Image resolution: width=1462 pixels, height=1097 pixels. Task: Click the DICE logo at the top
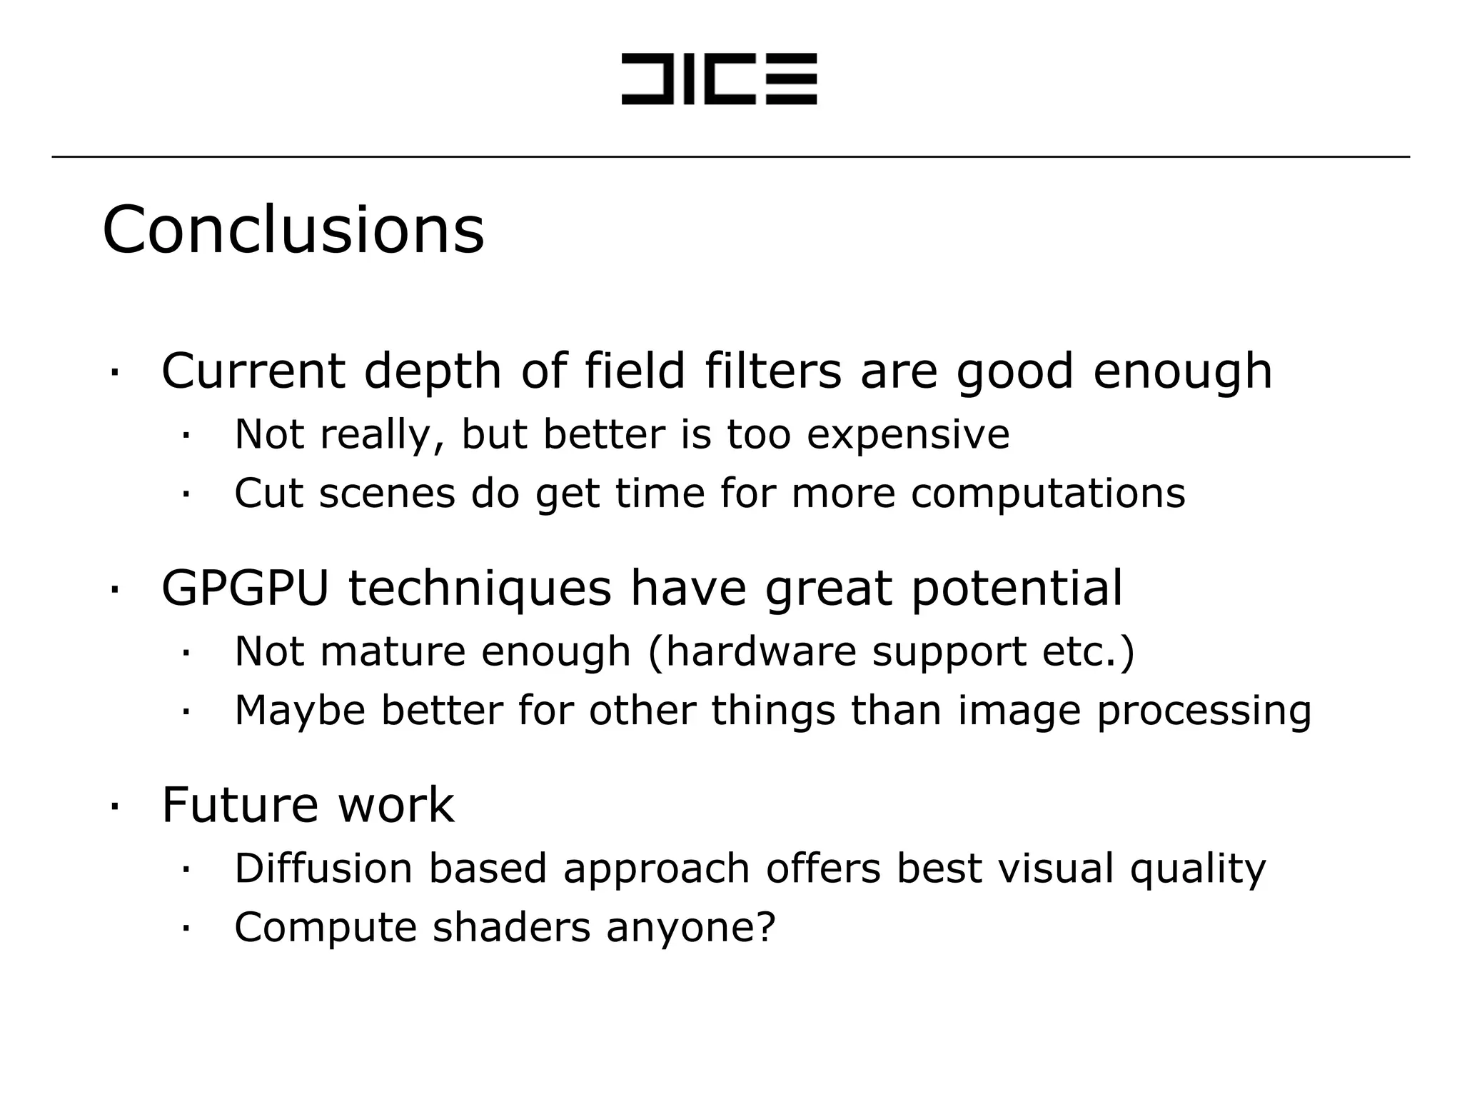(719, 79)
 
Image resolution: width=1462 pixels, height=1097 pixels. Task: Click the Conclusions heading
(293, 230)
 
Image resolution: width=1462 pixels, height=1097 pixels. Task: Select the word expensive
(908, 435)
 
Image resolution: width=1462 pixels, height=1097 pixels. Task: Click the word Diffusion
(323, 868)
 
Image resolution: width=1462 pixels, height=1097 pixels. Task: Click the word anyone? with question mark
(690, 928)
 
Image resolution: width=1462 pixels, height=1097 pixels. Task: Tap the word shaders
(511, 928)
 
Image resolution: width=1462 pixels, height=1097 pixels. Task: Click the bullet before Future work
(114, 806)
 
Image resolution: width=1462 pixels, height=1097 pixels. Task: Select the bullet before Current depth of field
(114, 372)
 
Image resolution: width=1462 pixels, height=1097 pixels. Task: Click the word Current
(253, 371)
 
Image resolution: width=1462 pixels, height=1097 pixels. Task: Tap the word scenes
(386, 494)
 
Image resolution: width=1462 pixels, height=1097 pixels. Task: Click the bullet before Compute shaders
(185, 928)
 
